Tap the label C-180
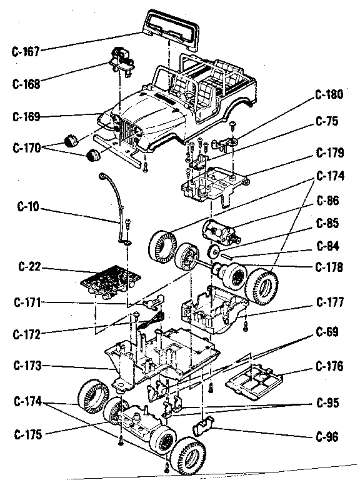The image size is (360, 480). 329,95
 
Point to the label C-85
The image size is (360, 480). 329,223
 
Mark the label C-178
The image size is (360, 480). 329,267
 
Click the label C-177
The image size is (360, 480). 329,302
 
